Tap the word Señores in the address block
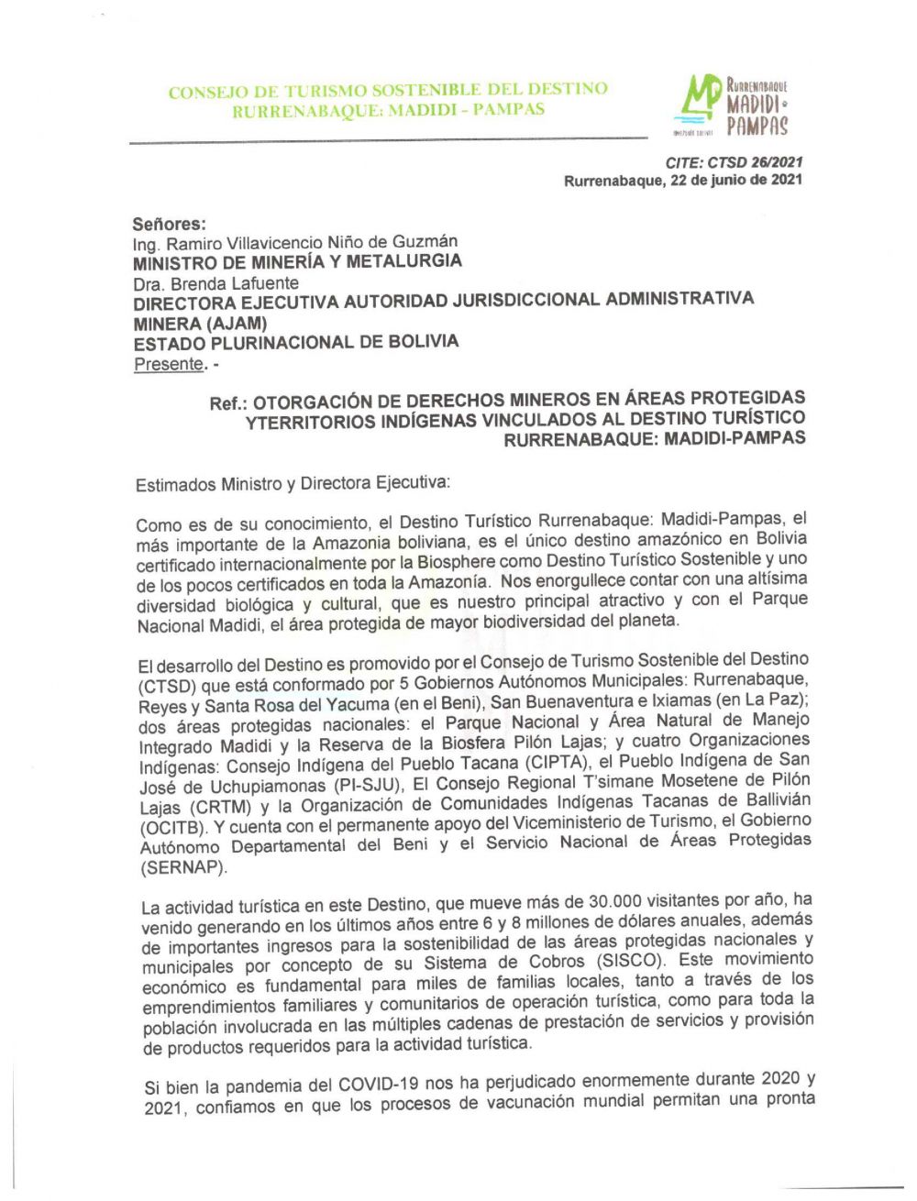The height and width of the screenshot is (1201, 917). point(169,224)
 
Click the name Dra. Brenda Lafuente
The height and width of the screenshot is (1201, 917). point(215,283)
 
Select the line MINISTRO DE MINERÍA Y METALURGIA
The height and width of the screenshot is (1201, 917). point(297,262)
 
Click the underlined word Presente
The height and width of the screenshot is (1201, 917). point(168,364)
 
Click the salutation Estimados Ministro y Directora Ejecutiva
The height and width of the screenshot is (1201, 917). point(293,483)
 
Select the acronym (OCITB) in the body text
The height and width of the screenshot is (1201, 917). point(174,826)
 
